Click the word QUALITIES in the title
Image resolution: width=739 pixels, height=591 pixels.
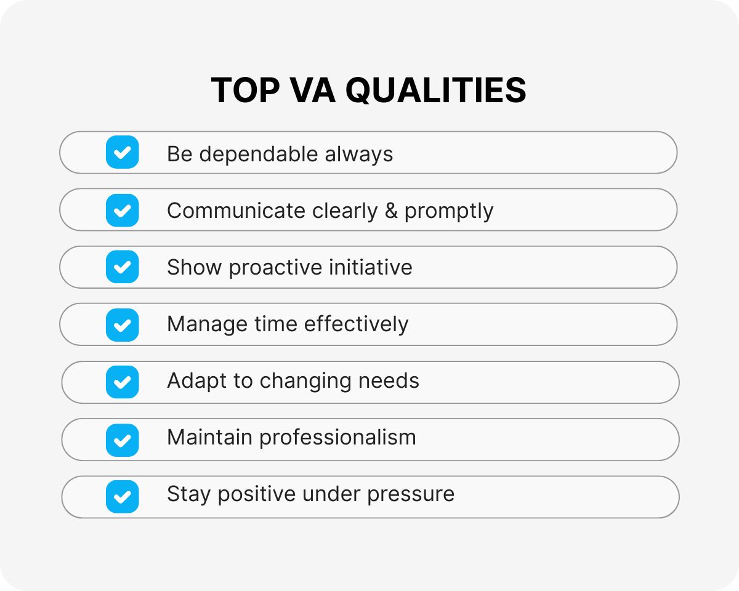click(435, 90)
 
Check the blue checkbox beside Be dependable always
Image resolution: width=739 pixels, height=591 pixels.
click(123, 153)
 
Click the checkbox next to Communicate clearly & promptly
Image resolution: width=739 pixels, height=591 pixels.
click(123, 211)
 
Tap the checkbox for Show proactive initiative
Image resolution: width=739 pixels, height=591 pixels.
click(123, 267)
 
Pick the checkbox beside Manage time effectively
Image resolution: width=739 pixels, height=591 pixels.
click(123, 324)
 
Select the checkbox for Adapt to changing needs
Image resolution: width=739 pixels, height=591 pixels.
click(123, 382)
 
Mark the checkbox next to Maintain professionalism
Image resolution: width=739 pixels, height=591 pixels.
click(123, 439)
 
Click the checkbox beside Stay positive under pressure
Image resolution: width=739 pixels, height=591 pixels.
click(123, 496)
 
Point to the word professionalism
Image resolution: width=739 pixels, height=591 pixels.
click(337, 438)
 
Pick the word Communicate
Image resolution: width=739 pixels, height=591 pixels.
click(236, 211)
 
